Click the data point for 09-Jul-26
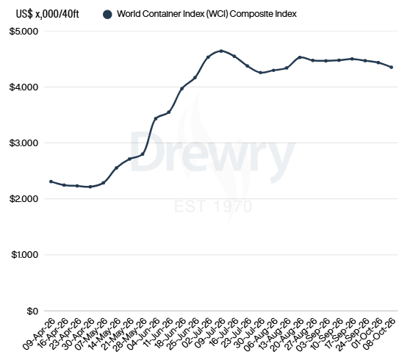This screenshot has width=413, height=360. (221, 51)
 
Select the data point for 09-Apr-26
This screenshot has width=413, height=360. (51, 181)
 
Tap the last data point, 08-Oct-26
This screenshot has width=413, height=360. (392, 67)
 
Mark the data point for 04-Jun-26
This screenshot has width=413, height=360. (156, 118)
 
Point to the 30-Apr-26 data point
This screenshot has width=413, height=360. (90, 187)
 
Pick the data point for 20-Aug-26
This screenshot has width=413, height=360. (300, 57)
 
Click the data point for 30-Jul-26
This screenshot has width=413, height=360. (260, 73)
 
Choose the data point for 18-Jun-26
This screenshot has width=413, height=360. (182, 88)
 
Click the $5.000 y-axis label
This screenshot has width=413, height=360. (24, 32)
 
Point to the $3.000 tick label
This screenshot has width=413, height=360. (24, 143)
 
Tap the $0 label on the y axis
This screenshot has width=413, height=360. (32, 311)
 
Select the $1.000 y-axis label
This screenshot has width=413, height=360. (25, 255)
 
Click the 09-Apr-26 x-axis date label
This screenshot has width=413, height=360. (39, 334)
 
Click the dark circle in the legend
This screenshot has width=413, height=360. (107, 15)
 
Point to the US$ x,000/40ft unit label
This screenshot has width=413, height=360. (48, 14)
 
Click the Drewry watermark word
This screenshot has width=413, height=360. (212, 155)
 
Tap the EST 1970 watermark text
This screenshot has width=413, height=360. (213, 206)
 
